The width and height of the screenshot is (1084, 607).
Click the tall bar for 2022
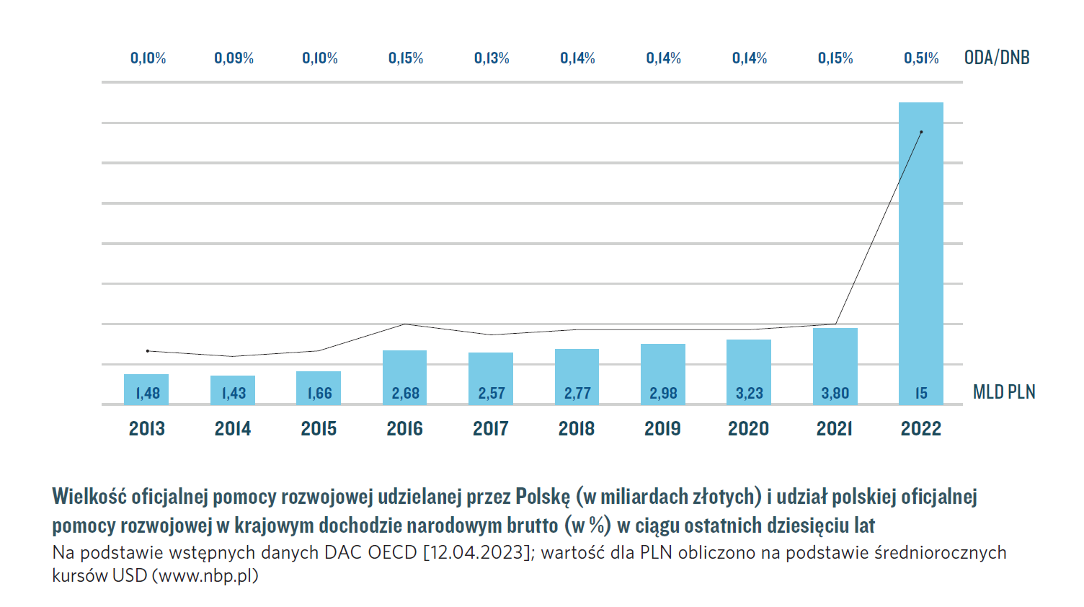920,252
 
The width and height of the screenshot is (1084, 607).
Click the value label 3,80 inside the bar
835,394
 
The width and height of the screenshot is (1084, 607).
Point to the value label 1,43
233,394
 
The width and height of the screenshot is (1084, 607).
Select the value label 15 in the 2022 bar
920,394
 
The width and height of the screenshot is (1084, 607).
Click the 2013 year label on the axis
147,429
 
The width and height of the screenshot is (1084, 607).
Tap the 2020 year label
748,429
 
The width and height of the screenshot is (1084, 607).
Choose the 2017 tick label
490,429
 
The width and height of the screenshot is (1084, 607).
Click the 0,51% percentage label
921,58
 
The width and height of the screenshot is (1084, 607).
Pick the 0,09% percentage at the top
234,58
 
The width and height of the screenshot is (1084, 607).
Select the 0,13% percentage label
492,58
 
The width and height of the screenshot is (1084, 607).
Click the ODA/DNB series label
997,58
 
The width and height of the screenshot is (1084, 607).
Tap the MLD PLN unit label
1004,392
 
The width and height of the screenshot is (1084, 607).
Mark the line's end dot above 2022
921,132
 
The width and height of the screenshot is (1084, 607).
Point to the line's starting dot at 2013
148,351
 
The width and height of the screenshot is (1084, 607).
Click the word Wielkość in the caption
89,497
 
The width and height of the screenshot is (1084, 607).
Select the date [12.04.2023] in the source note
476,553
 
